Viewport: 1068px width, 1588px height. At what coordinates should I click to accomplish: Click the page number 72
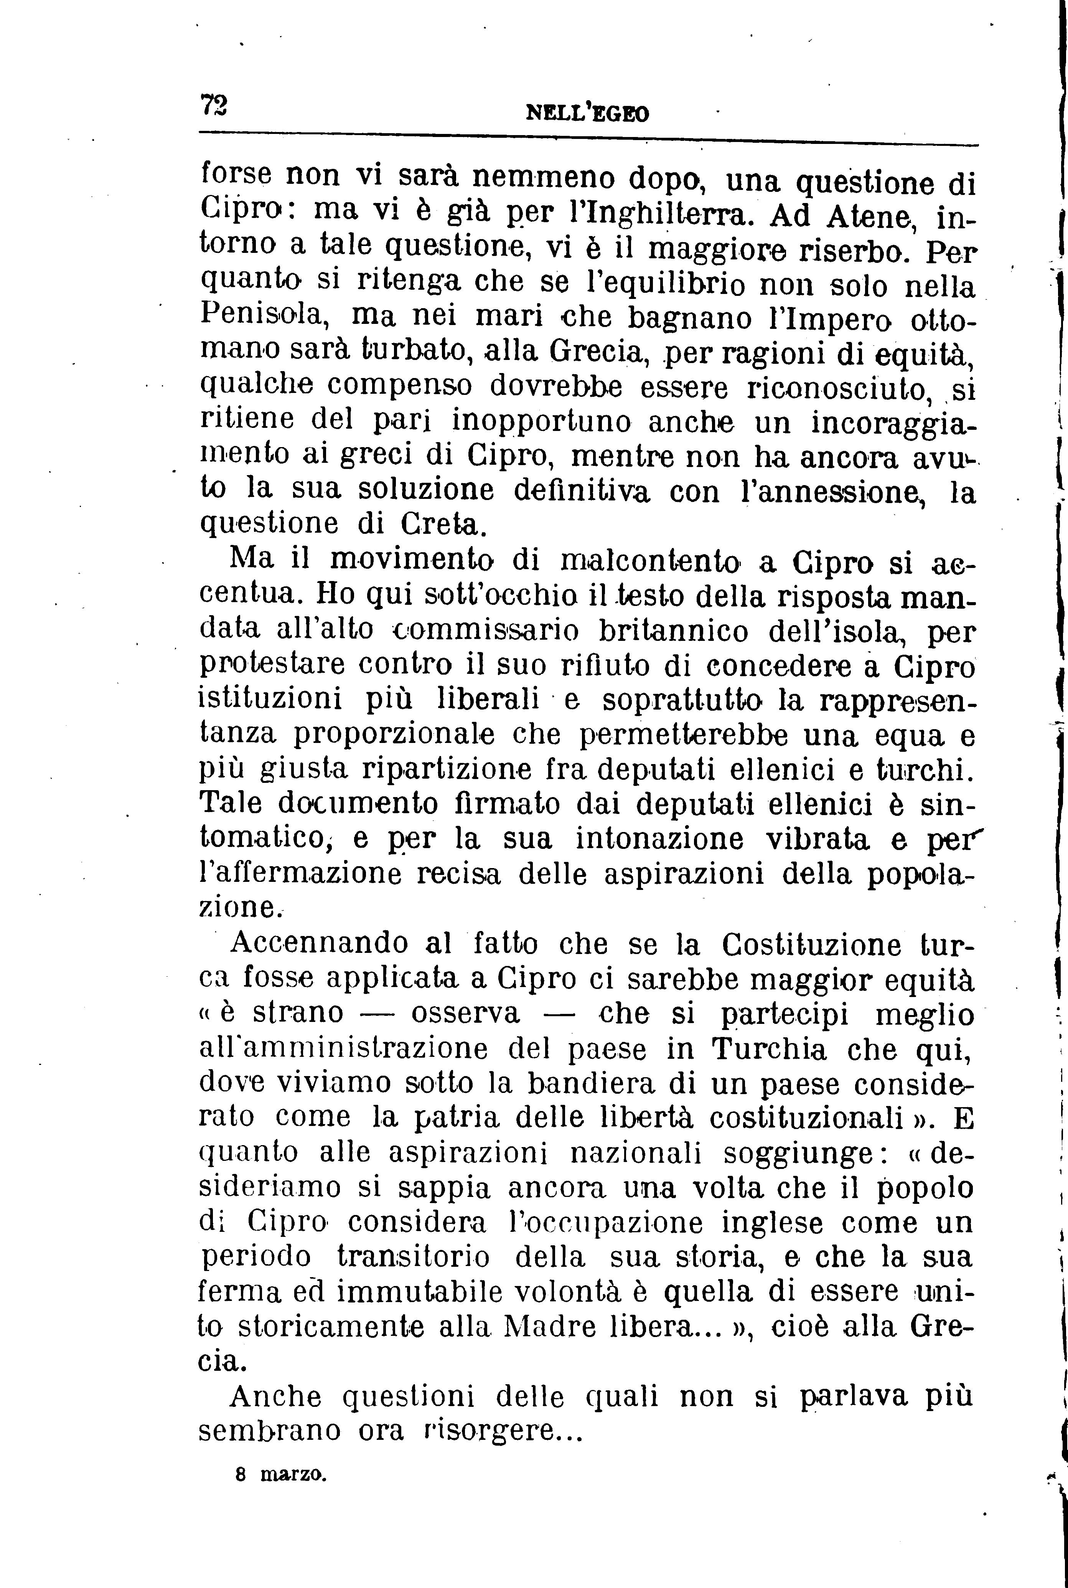[214, 106]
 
